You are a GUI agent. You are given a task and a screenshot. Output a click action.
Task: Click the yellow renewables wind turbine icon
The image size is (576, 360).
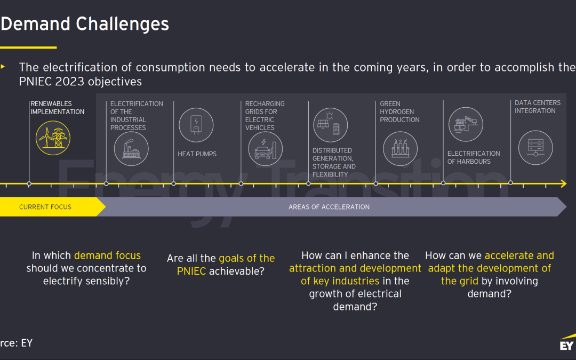(53, 138)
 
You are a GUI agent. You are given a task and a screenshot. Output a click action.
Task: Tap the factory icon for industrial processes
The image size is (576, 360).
(131, 149)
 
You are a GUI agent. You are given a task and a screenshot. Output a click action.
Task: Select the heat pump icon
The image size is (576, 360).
(196, 125)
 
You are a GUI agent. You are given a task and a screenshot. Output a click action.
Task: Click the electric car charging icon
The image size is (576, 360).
(265, 149)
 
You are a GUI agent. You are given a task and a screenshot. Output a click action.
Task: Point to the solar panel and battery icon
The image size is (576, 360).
(330, 125)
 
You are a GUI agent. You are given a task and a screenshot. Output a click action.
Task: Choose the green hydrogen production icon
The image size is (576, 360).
(401, 149)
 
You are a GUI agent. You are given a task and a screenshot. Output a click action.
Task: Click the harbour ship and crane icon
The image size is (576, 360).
(466, 124)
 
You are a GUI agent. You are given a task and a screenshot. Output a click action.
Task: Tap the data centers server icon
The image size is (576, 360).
(535, 148)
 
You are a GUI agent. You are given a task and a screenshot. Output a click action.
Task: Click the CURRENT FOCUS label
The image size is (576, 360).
(45, 207)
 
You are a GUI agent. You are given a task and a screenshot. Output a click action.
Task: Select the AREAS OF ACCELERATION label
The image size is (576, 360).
(329, 207)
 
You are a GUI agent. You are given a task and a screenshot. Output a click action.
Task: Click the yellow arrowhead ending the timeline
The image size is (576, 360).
(564, 183)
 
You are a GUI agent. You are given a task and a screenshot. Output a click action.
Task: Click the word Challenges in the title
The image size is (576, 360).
(122, 24)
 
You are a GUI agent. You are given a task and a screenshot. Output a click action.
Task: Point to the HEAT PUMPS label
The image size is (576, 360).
(197, 154)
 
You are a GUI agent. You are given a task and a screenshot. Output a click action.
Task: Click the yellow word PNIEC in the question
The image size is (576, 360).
(191, 271)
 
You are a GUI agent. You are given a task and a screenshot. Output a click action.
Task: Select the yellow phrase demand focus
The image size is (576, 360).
(108, 255)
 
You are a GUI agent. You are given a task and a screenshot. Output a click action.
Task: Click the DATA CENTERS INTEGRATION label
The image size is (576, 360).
(538, 107)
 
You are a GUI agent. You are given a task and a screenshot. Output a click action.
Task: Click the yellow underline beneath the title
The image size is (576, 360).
(28, 47)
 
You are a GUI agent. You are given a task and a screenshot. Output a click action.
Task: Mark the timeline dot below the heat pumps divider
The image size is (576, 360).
(174, 183)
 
